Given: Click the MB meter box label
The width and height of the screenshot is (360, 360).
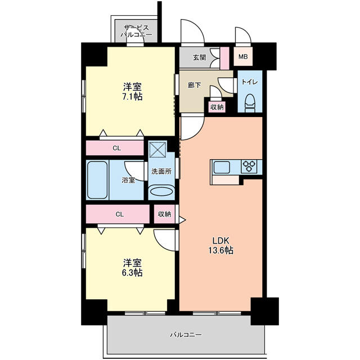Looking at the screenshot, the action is click(243, 56).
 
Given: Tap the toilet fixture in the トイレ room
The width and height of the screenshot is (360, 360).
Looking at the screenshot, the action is click(250, 103).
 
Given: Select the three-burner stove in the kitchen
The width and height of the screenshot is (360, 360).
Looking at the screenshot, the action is click(249, 166).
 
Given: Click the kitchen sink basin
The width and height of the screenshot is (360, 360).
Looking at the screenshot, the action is click(222, 167).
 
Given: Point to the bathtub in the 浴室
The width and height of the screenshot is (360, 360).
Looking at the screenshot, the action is click(97, 180).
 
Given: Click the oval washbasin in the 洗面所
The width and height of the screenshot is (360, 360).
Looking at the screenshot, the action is click(161, 191).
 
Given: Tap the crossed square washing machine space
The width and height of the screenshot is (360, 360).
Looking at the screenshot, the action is click(157, 149).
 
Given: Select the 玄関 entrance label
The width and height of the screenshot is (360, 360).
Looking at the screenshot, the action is click(200, 57).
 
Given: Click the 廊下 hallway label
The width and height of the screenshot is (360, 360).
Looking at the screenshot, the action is click(195, 85).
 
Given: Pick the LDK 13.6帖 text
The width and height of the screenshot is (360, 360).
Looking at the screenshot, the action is click(221, 245).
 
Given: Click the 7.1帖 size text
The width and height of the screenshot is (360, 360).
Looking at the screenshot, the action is click(132, 97).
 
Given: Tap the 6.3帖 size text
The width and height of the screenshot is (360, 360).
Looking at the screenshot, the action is click(132, 272).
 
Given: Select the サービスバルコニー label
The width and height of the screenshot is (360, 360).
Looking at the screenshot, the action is click(136, 31).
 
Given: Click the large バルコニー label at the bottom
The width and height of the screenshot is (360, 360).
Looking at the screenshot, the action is click(186, 335).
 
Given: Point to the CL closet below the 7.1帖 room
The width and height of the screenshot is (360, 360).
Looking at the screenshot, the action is click(115, 148).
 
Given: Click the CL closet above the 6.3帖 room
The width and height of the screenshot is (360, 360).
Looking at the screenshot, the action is click(118, 214).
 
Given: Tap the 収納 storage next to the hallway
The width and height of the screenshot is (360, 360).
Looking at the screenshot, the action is click(217, 107).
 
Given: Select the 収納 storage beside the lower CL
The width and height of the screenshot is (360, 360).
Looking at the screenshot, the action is click(164, 214).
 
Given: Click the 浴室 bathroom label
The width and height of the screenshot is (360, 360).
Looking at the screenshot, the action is click(128, 180).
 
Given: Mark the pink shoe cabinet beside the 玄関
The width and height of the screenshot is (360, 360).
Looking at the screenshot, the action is click(225, 58).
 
